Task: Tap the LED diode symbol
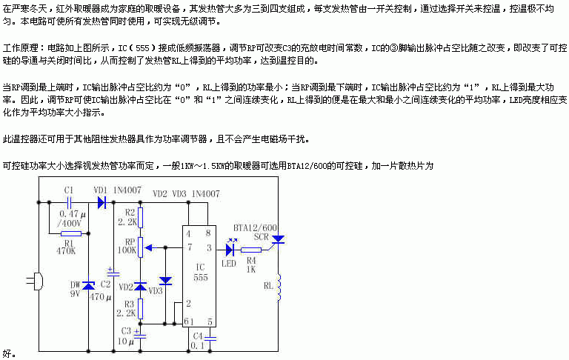tap(230, 250)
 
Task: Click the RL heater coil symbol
tap(279, 289)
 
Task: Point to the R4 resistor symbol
tap(250, 250)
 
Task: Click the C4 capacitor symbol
tap(210, 337)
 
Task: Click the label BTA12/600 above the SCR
tap(255, 227)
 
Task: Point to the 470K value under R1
tap(67, 250)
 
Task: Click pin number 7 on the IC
tap(190, 247)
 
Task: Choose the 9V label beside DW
tap(75, 293)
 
